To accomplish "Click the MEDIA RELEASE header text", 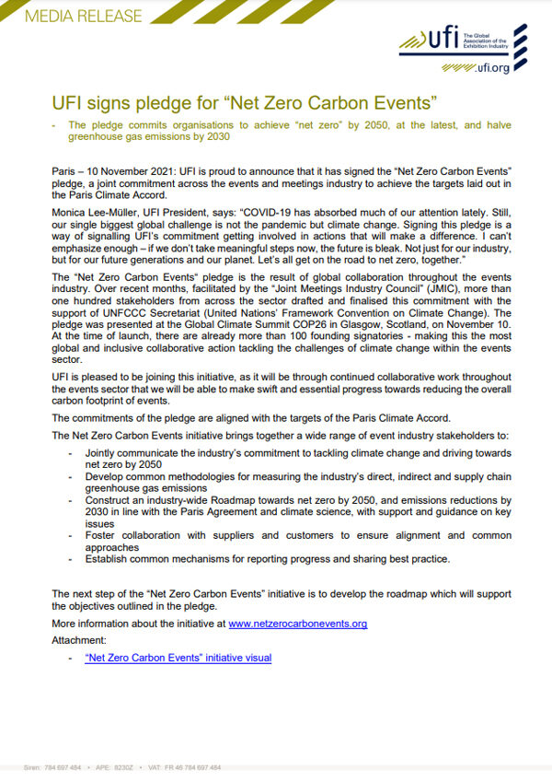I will (72, 16).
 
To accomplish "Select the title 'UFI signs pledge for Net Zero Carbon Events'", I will (243, 100).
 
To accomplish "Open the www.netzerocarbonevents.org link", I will (297, 624).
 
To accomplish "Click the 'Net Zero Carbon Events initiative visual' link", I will (178, 658).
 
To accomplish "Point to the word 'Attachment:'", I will (79, 639).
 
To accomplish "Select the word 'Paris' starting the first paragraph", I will (64, 172).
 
